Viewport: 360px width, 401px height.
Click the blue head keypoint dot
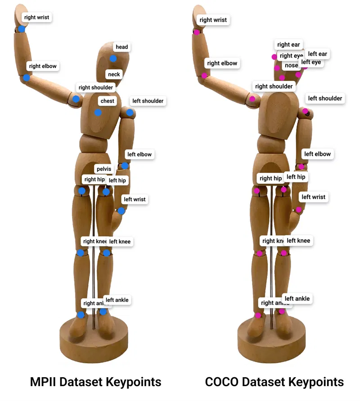pyautogui.click(x=113, y=59)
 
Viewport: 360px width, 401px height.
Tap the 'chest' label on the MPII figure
pyautogui.click(x=108, y=101)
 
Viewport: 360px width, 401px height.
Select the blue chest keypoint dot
pyautogui.click(x=98, y=112)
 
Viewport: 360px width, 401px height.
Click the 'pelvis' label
pyautogui.click(x=103, y=169)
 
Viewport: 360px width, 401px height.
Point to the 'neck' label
pyautogui.click(x=114, y=74)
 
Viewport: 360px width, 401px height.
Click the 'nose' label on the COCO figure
pyautogui.click(x=291, y=66)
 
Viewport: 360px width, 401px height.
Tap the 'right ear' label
pyautogui.click(x=288, y=45)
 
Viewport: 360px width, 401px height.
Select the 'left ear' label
pyautogui.click(x=317, y=54)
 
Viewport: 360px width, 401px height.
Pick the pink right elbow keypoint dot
pyautogui.click(x=204, y=76)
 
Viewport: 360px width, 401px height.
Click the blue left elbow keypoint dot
pyautogui.click(x=125, y=166)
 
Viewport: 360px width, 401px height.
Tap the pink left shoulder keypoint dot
pyautogui.click(x=305, y=111)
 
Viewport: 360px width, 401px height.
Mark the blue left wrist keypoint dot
pyautogui.click(x=121, y=211)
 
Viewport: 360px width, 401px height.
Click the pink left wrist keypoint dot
pyautogui.click(x=299, y=209)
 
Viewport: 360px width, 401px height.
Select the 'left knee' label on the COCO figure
pyautogui.click(x=298, y=241)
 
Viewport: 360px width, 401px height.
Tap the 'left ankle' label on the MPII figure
pyautogui.click(x=117, y=300)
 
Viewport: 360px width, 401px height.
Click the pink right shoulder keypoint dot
pyautogui.click(x=252, y=99)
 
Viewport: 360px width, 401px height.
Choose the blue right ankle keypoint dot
pyautogui.click(x=81, y=315)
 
